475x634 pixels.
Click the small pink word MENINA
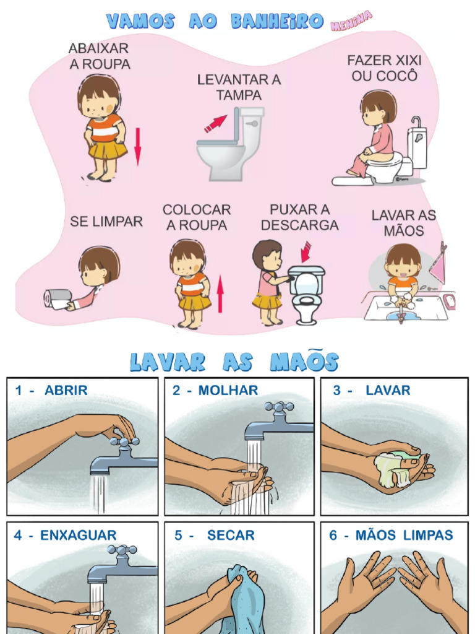pyautogui.click(x=351, y=21)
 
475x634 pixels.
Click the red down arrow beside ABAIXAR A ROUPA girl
pyautogui.click(x=137, y=147)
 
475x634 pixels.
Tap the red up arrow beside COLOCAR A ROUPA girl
pyautogui.click(x=220, y=295)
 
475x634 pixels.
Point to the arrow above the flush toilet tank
pyautogui.click(x=306, y=252)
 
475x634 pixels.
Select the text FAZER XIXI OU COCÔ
pyautogui.click(x=384, y=68)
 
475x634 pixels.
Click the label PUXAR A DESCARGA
pyautogui.click(x=299, y=217)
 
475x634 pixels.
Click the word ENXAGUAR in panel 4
pyautogui.click(x=78, y=535)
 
